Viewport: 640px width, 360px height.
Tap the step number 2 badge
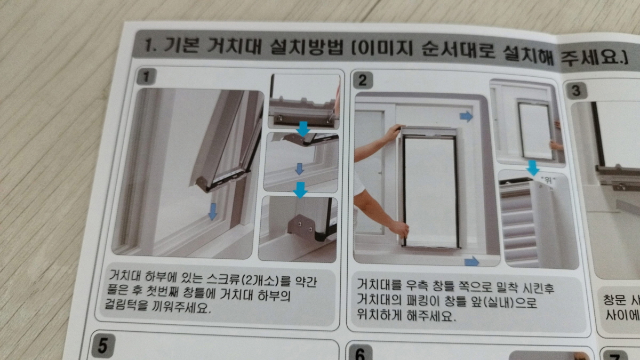tap(363, 81)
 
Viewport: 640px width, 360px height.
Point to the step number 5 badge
tap(101, 347)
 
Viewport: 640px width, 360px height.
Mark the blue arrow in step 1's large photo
tap(212, 211)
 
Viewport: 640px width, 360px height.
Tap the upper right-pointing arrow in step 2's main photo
tap(466, 117)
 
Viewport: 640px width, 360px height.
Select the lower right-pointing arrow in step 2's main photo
tap(471, 261)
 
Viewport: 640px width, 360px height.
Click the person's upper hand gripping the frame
tap(393, 131)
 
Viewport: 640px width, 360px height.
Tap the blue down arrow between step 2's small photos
tap(532, 169)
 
